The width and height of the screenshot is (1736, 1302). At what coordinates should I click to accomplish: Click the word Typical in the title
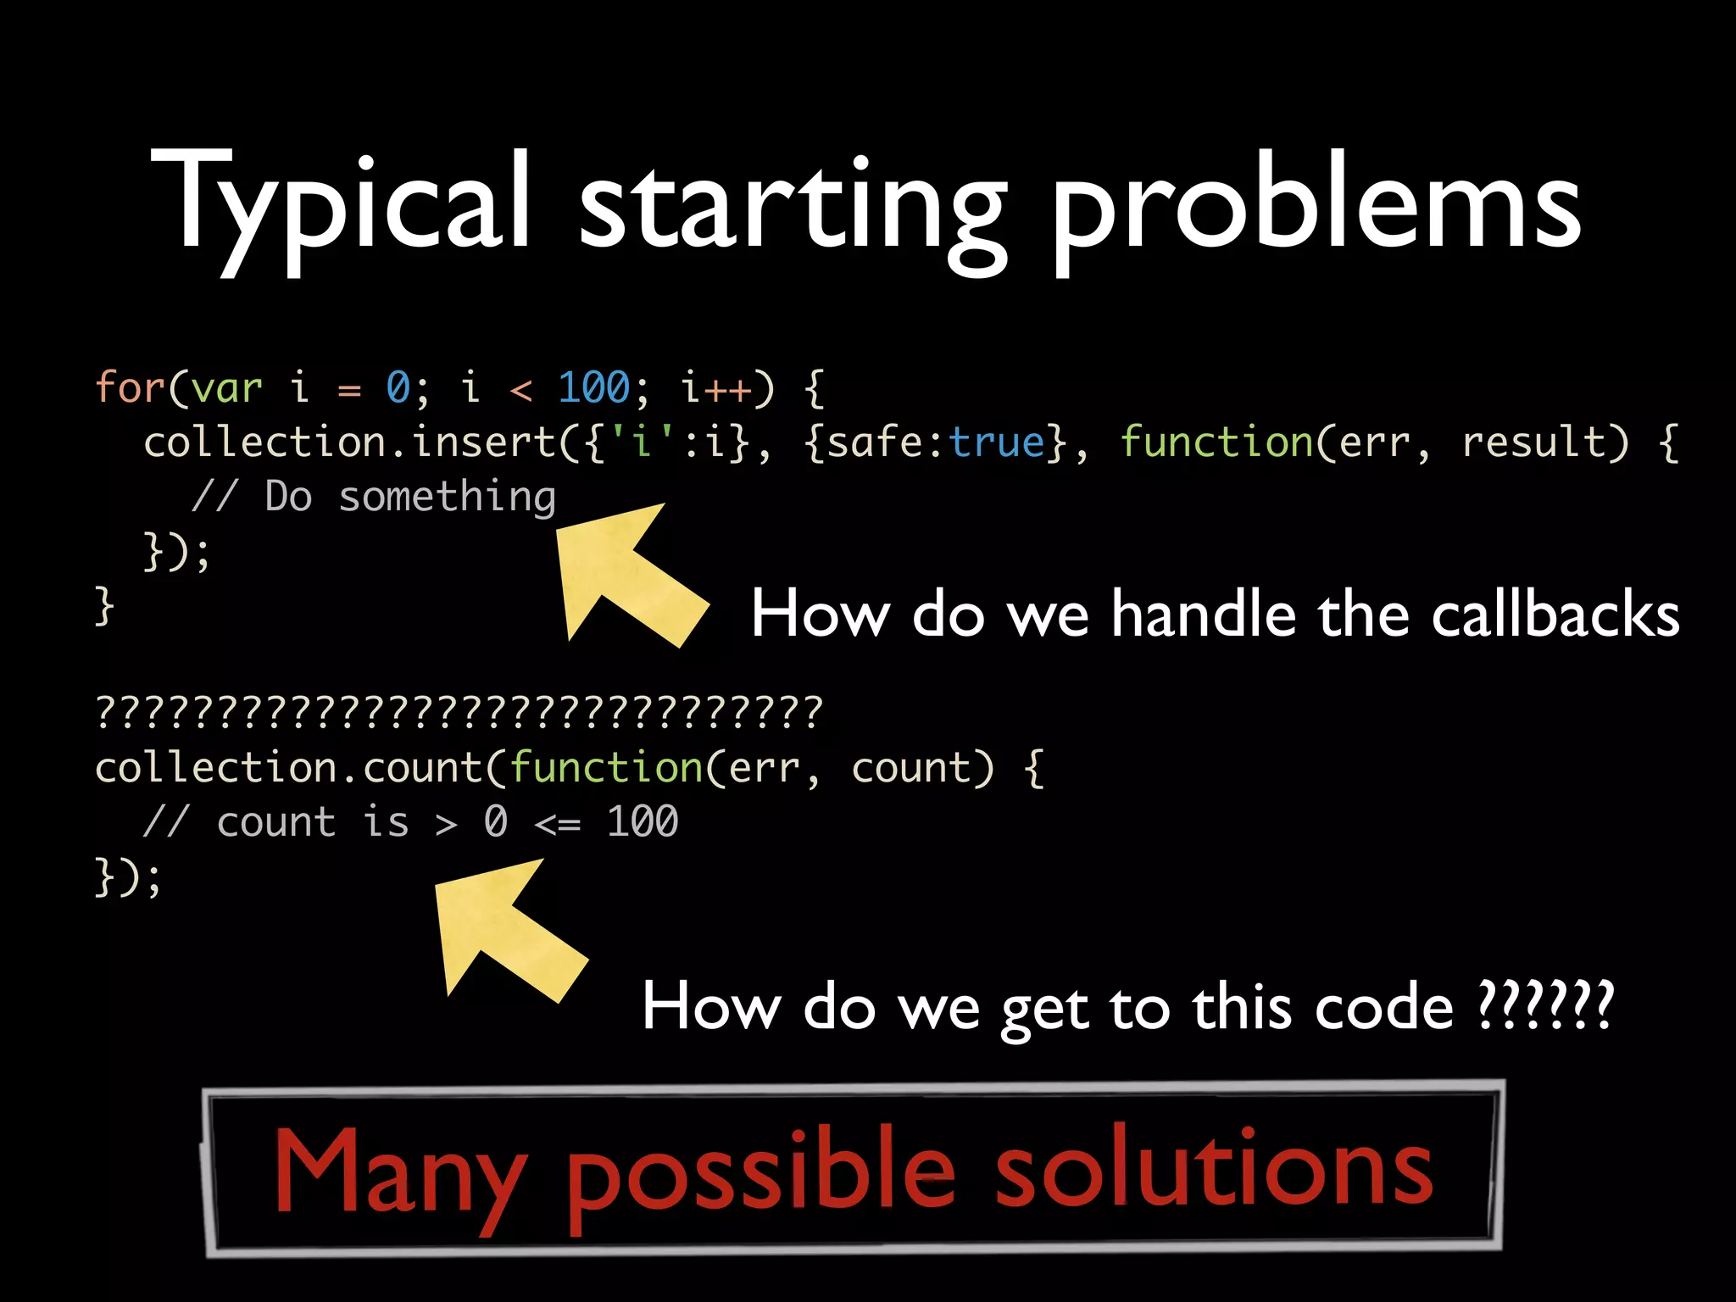coord(339,203)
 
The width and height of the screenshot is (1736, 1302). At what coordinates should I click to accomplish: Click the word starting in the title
coord(793,208)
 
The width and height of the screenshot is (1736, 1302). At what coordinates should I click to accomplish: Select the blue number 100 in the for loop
coord(593,388)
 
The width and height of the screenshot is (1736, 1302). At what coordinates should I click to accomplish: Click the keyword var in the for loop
coord(226,388)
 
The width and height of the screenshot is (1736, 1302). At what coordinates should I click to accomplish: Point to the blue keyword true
coord(997,442)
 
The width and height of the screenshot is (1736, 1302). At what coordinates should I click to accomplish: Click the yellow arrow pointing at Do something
coord(627,572)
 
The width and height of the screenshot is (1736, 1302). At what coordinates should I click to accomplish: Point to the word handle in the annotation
coord(1203,614)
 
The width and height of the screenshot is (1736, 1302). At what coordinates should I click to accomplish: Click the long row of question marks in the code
coord(459,711)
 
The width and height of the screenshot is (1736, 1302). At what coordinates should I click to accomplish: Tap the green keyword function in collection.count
coord(606,768)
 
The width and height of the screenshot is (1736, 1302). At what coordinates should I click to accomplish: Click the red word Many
coord(398,1174)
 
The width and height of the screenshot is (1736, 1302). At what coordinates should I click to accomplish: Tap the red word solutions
coord(1213,1170)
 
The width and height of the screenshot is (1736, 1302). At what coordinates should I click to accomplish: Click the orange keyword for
coord(129,388)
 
